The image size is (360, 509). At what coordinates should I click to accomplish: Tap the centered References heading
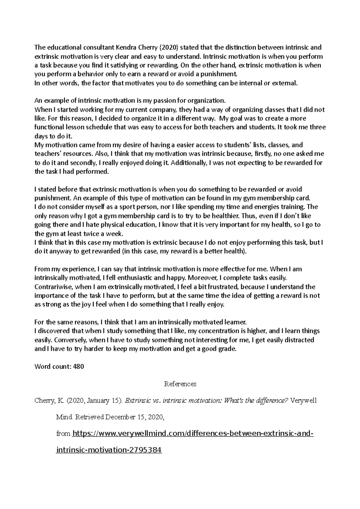[180, 384]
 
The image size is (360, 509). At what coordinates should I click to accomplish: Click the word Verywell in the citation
[304, 401]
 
